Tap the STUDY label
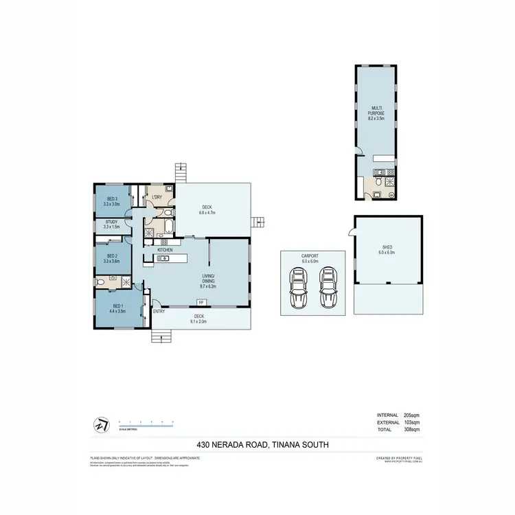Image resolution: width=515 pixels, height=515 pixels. [x=111, y=222]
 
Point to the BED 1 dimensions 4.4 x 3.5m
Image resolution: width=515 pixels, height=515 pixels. [x=118, y=310]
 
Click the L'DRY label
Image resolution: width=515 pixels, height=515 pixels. [x=157, y=198]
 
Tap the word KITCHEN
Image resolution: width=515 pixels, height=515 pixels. [x=165, y=250]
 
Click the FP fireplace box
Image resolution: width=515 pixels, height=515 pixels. [x=201, y=303]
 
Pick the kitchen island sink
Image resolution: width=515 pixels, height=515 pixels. [x=165, y=258]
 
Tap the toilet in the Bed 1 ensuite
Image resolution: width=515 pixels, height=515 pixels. [x=102, y=282]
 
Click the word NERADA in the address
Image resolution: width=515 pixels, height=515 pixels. [x=229, y=445]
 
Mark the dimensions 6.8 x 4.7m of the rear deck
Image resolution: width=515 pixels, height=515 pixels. [x=207, y=213]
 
